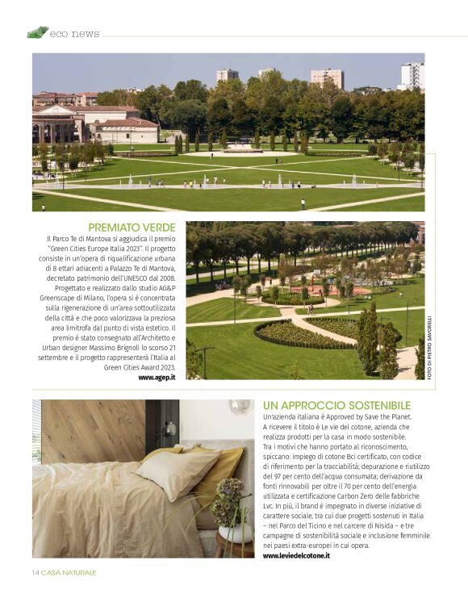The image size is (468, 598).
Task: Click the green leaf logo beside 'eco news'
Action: [x=37, y=32]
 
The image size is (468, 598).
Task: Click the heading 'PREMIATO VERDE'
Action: [x=131, y=228]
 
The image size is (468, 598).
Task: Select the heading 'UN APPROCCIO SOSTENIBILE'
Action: [x=336, y=404]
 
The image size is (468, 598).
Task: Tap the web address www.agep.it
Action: [x=157, y=377]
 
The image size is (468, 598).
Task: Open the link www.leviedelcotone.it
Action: [x=296, y=555]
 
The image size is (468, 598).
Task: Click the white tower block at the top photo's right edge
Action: [x=412, y=76]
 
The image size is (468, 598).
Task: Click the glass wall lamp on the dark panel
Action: [x=170, y=427]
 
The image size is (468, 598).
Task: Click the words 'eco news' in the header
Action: [x=74, y=34]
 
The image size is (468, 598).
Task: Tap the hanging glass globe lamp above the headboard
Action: [x=239, y=407]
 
